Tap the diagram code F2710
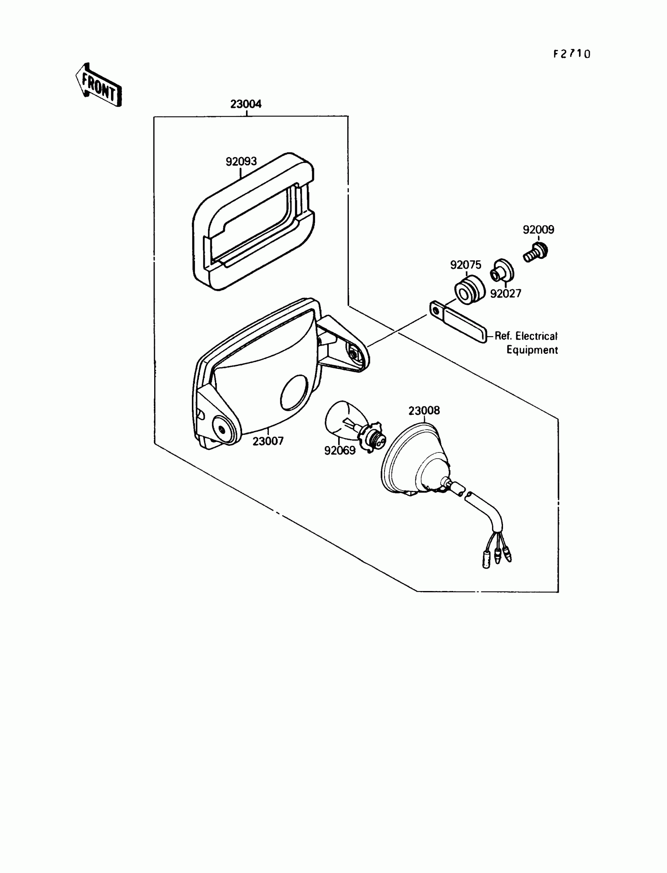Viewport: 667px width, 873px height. (572, 54)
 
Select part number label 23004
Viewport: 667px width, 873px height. (246, 104)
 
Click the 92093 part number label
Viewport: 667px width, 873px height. (241, 161)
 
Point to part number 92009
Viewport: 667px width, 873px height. (538, 230)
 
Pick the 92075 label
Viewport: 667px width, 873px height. (465, 265)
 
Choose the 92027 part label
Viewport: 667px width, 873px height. (505, 294)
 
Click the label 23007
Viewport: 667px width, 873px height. (268, 441)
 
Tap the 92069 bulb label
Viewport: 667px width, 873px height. (339, 450)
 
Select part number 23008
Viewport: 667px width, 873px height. (424, 410)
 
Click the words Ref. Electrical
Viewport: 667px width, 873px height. (526, 336)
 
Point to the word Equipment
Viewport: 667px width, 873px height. (532, 350)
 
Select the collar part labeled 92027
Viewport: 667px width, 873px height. (502, 272)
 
